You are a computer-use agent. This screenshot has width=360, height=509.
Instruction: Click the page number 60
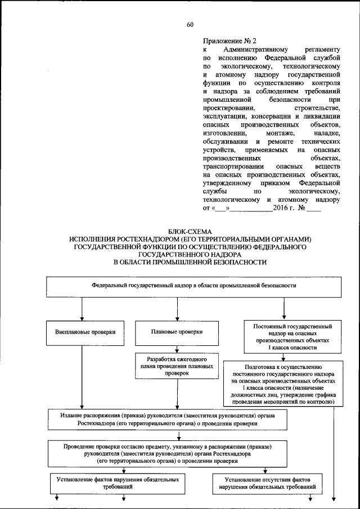tap(190, 24)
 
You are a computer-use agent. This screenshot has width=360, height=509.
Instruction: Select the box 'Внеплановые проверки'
tap(82, 332)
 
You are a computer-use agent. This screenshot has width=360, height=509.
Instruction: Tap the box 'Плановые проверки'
tap(177, 332)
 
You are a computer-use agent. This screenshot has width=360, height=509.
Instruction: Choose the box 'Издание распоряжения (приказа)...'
tap(168, 418)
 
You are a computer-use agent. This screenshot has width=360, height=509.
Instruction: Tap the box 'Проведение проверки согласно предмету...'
tap(168, 453)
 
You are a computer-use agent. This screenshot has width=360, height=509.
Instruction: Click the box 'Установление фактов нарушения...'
tap(118, 483)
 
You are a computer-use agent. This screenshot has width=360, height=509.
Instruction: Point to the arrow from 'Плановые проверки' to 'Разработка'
tap(177, 348)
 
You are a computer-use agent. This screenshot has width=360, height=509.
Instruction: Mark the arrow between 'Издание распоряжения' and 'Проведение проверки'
tap(179, 435)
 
